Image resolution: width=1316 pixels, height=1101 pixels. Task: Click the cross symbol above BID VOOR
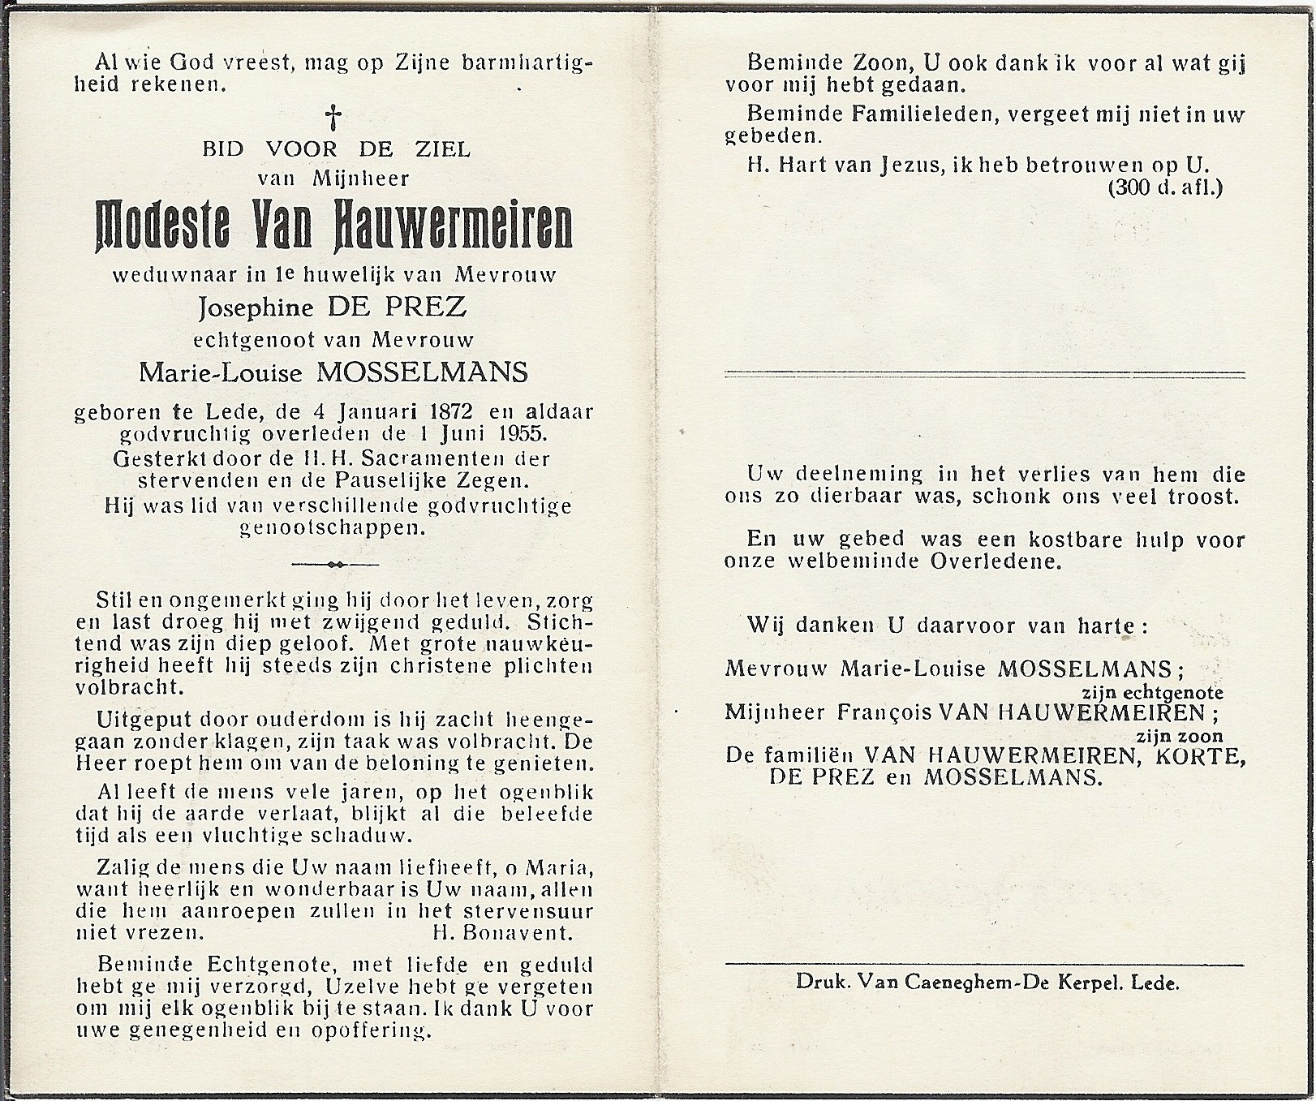[333, 118]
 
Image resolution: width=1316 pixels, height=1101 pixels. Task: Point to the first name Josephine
[250, 307]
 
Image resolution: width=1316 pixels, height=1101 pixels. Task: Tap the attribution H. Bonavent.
[503, 933]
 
